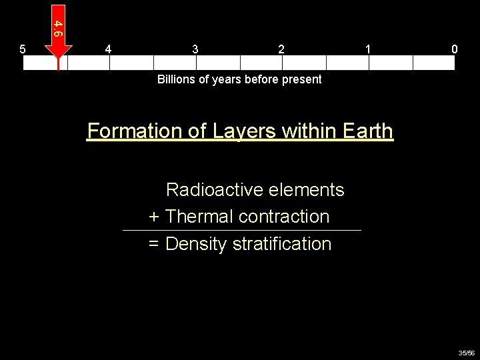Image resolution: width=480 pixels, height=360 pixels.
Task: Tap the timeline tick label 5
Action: point(23,49)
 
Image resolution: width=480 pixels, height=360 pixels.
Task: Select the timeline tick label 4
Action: point(109,49)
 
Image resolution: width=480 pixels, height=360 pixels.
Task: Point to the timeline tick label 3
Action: point(195,49)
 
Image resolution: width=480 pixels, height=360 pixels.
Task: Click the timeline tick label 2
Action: point(281,49)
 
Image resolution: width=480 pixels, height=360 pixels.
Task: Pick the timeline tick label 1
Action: point(368,49)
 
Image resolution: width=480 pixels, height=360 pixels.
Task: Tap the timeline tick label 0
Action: point(454,49)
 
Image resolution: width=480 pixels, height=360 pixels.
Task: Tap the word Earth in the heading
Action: point(368,131)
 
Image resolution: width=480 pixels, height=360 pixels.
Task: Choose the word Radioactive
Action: point(215,190)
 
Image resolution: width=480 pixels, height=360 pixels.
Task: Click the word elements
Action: point(307,190)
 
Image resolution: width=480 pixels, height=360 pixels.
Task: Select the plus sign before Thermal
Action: point(153,217)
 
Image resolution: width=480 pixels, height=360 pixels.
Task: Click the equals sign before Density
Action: point(153,244)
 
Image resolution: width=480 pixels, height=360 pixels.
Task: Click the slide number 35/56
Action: point(466,353)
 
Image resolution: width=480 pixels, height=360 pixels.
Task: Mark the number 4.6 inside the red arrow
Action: point(59,28)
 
